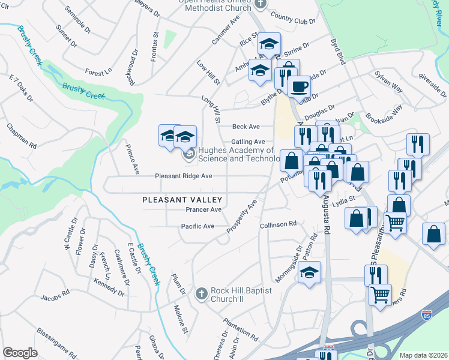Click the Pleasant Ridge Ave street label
click(184, 176)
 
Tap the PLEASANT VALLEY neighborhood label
click(182, 200)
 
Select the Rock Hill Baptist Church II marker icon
click(202, 293)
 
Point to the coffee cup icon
click(298, 85)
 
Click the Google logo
click(20, 353)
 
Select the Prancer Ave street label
click(203, 210)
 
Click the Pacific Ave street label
click(198, 226)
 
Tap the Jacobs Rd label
click(55, 296)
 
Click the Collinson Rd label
click(278, 224)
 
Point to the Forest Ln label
click(98, 72)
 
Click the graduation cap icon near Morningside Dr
click(310, 272)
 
